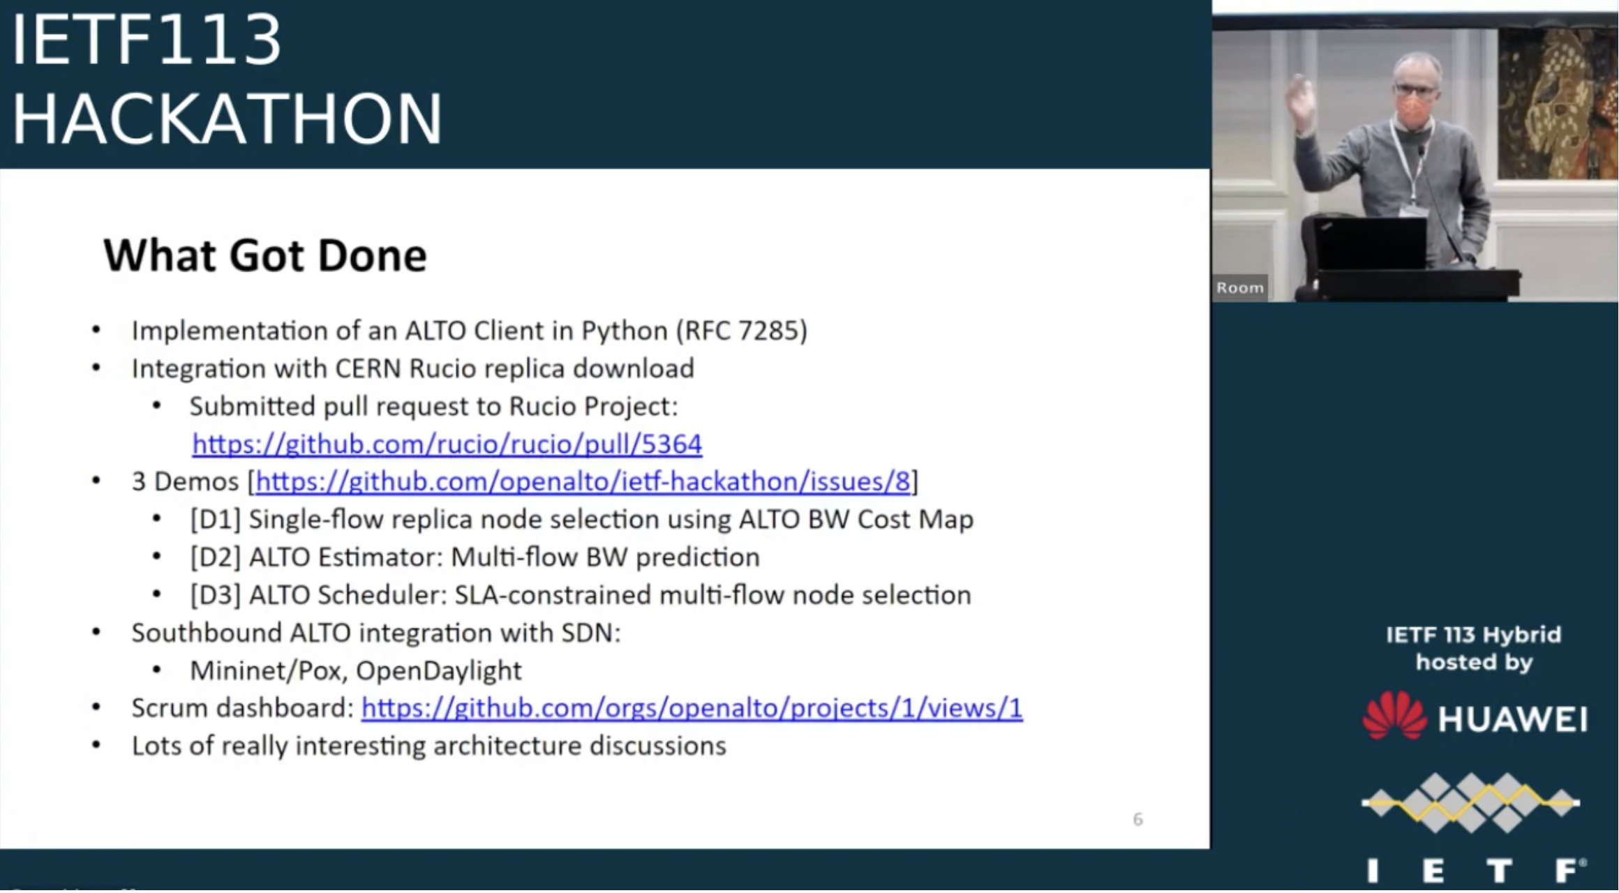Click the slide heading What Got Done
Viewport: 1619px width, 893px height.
coord(264,255)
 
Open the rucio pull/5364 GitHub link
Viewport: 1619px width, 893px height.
coord(447,444)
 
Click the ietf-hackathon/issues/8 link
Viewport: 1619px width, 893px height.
coord(583,482)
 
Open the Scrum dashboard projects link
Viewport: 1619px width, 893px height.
coord(692,708)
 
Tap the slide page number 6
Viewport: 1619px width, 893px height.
coord(1137,819)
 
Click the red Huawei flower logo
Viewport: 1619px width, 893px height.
coord(1394,716)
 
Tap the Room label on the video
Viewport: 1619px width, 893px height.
coord(1239,287)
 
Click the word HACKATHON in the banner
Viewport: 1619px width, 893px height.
coord(227,119)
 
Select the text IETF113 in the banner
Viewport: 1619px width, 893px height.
coord(147,40)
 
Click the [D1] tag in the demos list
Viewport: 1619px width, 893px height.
coord(215,520)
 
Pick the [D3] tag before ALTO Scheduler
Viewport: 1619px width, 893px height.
coord(215,595)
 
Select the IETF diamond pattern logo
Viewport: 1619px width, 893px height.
coord(1470,802)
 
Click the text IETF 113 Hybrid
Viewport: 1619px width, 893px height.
coord(1472,635)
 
